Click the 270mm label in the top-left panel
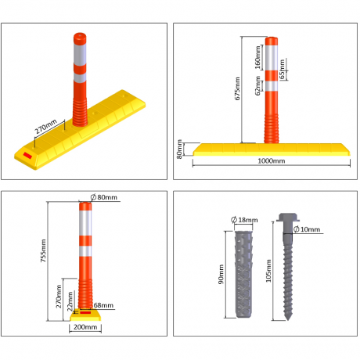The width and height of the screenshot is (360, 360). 45,124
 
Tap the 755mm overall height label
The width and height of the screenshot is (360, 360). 43,250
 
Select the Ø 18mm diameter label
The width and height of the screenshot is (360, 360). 247,219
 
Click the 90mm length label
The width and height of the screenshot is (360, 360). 222,273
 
